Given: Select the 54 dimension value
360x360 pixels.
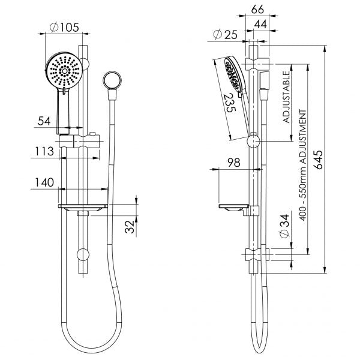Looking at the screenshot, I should click(x=44, y=121).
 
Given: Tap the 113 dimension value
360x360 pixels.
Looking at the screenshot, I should click(x=44, y=152).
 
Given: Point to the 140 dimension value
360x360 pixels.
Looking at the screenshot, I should click(x=44, y=182).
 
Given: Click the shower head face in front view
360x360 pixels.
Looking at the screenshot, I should click(x=62, y=70).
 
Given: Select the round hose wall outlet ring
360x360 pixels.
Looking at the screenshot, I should click(x=111, y=79).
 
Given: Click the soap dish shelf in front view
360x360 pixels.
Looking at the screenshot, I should click(x=83, y=208).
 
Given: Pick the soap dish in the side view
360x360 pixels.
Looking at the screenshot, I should click(x=234, y=209).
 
